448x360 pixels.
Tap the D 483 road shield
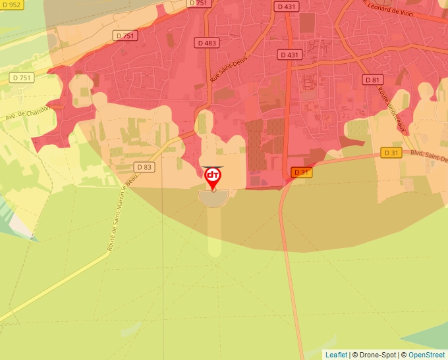click(206, 42)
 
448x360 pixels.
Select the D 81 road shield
click(373, 80)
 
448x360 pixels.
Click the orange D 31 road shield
click(301, 172)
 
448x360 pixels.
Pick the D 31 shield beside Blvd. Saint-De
click(392, 153)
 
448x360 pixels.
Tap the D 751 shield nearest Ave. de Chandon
click(22, 78)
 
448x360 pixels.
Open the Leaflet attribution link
click(336, 355)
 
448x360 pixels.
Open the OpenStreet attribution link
click(427, 355)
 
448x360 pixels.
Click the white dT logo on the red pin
click(213, 175)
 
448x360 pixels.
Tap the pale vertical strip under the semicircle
click(215, 230)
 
